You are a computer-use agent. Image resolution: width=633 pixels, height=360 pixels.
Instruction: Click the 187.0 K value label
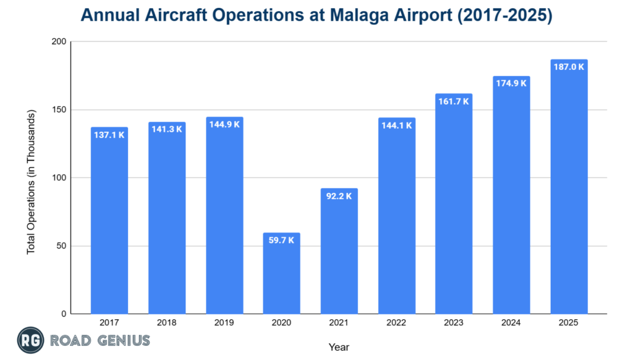(569, 67)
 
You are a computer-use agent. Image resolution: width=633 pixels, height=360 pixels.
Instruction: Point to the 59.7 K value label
(281, 240)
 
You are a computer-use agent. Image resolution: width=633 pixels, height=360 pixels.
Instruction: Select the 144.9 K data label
(224, 124)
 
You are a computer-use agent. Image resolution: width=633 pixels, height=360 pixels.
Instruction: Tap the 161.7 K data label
(454, 101)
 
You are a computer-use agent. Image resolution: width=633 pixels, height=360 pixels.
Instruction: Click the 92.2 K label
(339, 195)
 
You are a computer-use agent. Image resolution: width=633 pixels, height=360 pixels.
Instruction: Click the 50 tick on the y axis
(61, 246)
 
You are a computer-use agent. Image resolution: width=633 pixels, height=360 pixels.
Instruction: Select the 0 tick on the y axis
(64, 314)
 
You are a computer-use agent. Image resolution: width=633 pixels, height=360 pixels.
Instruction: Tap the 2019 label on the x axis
(224, 323)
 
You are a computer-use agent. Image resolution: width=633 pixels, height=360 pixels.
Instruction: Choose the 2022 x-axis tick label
(396, 323)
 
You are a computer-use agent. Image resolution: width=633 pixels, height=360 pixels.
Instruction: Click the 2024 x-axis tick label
(511, 323)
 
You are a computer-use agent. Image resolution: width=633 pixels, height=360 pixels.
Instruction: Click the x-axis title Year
(339, 347)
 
